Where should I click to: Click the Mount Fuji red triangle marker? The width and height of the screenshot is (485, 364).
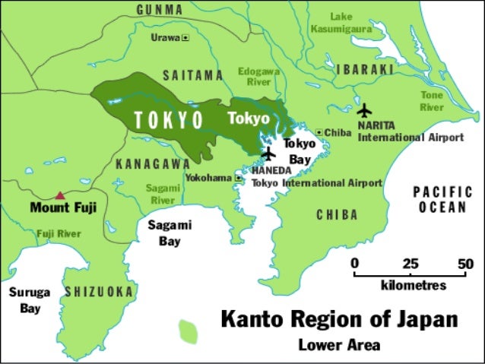[60, 195]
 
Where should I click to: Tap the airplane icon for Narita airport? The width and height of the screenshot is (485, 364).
[366, 111]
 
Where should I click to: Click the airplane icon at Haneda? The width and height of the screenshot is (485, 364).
[268, 154]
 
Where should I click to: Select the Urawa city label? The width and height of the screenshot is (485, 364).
[166, 36]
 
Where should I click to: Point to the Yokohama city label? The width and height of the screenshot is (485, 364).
[209, 178]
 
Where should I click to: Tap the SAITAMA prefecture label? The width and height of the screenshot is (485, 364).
[193, 76]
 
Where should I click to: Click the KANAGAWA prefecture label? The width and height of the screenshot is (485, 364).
[153, 164]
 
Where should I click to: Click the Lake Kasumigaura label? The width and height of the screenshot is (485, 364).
[342, 22]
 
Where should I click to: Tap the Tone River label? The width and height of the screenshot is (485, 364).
[432, 101]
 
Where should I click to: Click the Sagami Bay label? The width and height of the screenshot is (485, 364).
[170, 233]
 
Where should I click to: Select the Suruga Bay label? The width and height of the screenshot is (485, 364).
[30, 299]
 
